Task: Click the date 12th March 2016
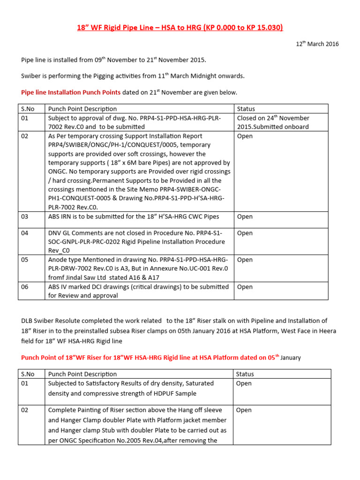[x=317, y=44]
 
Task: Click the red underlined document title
[x=180, y=28]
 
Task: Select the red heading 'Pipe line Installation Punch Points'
[x=71, y=92]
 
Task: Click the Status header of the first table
[x=246, y=109]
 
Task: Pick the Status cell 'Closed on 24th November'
[x=273, y=118]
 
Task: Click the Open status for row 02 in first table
[x=245, y=136]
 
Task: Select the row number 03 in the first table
[x=25, y=217]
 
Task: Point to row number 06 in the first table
[x=25, y=286]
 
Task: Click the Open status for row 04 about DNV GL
[x=245, y=233]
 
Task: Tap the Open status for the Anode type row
[x=245, y=260]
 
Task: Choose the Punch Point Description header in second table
[x=82, y=374]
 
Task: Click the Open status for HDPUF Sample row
[x=244, y=383]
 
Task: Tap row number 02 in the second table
[x=25, y=410]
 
